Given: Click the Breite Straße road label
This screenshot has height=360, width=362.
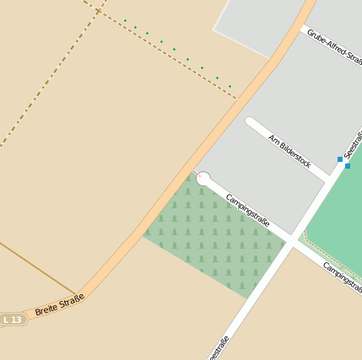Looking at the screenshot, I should tap(60, 305).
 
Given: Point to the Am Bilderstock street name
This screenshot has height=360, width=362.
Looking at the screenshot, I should tap(290, 150).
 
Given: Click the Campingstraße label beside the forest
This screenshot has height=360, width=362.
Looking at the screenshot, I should tap(247, 211).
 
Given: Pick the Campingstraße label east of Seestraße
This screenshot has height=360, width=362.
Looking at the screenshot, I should tap(343, 277).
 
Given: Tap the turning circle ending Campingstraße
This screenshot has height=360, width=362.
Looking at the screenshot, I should tap(203, 178).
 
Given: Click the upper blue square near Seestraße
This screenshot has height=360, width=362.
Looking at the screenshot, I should tap(340, 159).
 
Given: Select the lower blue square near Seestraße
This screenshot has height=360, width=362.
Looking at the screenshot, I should tap(347, 165).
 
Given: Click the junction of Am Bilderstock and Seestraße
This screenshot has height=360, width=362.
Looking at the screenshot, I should tap(328, 180).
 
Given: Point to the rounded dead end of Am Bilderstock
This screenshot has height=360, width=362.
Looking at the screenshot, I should tap(251, 121).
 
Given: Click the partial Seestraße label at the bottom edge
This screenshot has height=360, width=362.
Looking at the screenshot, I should tap(219, 348).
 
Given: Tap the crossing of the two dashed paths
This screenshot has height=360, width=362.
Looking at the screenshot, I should tap(98, 11).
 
